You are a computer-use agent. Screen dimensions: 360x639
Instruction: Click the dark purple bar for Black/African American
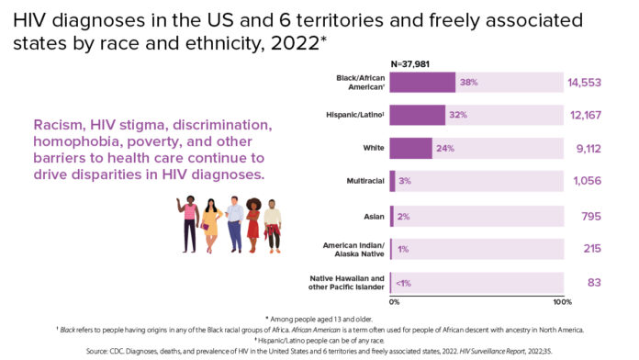point(422,82)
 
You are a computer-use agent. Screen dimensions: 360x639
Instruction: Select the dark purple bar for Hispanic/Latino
point(418,115)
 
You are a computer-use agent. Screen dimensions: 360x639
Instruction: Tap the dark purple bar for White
point(410,148)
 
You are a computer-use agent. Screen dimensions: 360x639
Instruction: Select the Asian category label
point(373,215)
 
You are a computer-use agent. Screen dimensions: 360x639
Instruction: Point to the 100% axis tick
point(562,301)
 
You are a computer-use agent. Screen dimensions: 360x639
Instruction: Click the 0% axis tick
point(395,301)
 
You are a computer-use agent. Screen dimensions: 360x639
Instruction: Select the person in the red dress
point(253,223)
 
